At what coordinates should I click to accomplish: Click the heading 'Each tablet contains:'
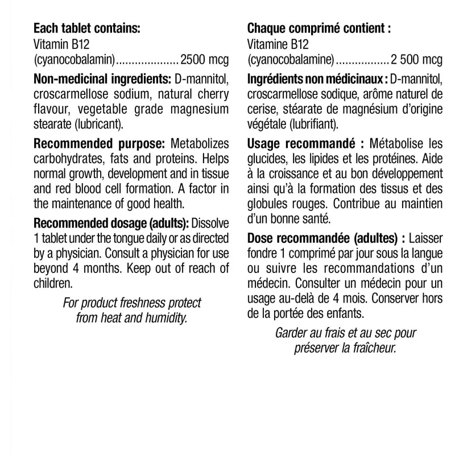pos(86,28)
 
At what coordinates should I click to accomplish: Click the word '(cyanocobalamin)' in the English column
pos(75,58)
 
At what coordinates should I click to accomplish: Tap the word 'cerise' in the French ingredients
pos(261,109)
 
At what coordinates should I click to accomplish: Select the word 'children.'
pos(54,282)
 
